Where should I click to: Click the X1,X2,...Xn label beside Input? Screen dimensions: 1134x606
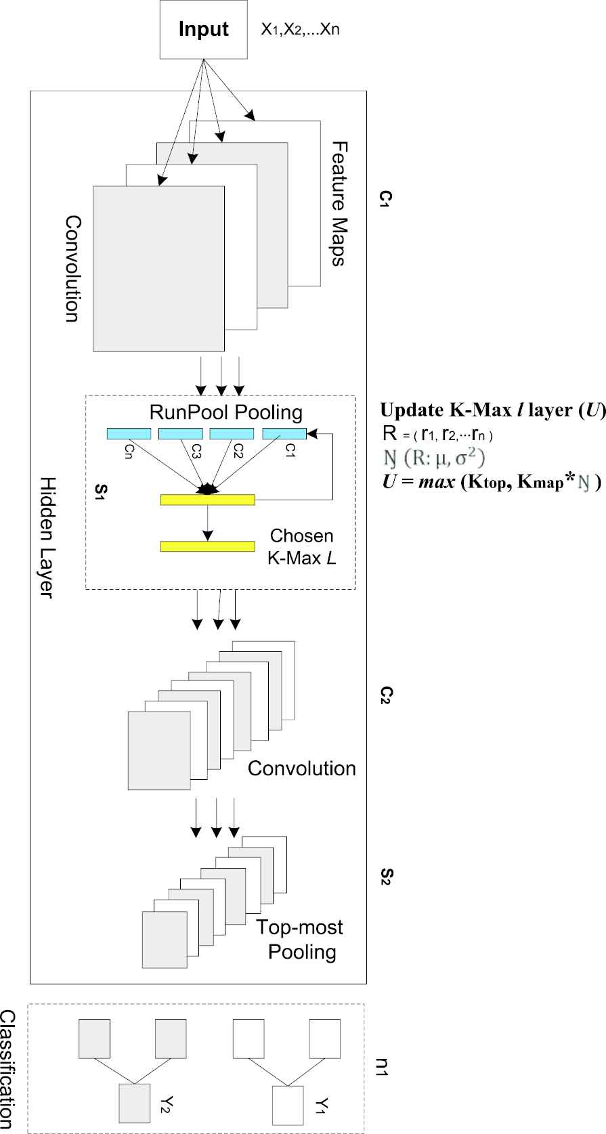(300, 30)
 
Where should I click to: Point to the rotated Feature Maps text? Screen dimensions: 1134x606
(339, 203)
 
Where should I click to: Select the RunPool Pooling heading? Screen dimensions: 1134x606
(225, 412)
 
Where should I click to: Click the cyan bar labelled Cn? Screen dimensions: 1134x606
(129, 434)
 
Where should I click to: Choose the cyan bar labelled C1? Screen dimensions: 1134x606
(284, 434)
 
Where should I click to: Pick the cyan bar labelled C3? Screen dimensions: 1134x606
(180, 434)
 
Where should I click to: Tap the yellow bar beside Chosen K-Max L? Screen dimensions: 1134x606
(207, 546)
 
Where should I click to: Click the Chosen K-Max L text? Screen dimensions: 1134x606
(302, 546)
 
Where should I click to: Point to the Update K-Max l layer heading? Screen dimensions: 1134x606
(492, 410)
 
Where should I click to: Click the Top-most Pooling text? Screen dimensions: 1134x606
(300, 939)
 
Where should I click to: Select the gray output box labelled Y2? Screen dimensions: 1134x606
(134, 1104)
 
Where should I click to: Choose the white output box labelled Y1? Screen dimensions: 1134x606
(287, 1105)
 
